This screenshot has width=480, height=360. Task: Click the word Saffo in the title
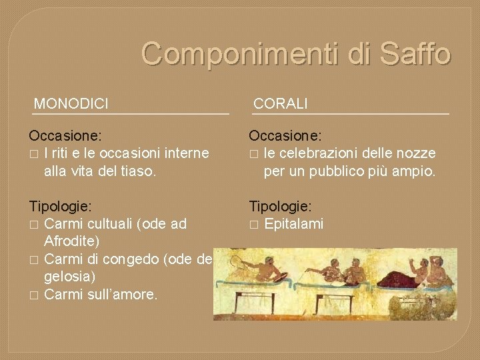click(x=411, y=54)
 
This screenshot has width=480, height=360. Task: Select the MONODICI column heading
click(x=71, y=103)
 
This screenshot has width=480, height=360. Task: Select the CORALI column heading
click(x=281, y=103)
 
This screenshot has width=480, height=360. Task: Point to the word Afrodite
click(x=72, y=240)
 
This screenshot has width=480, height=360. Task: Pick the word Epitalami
click(x=294, y=223)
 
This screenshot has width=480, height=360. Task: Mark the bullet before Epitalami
click(x=253, y=224)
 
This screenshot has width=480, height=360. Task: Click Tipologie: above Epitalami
click(x=280, y=207)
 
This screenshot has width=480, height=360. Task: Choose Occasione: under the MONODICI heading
click(x=65, y=136)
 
